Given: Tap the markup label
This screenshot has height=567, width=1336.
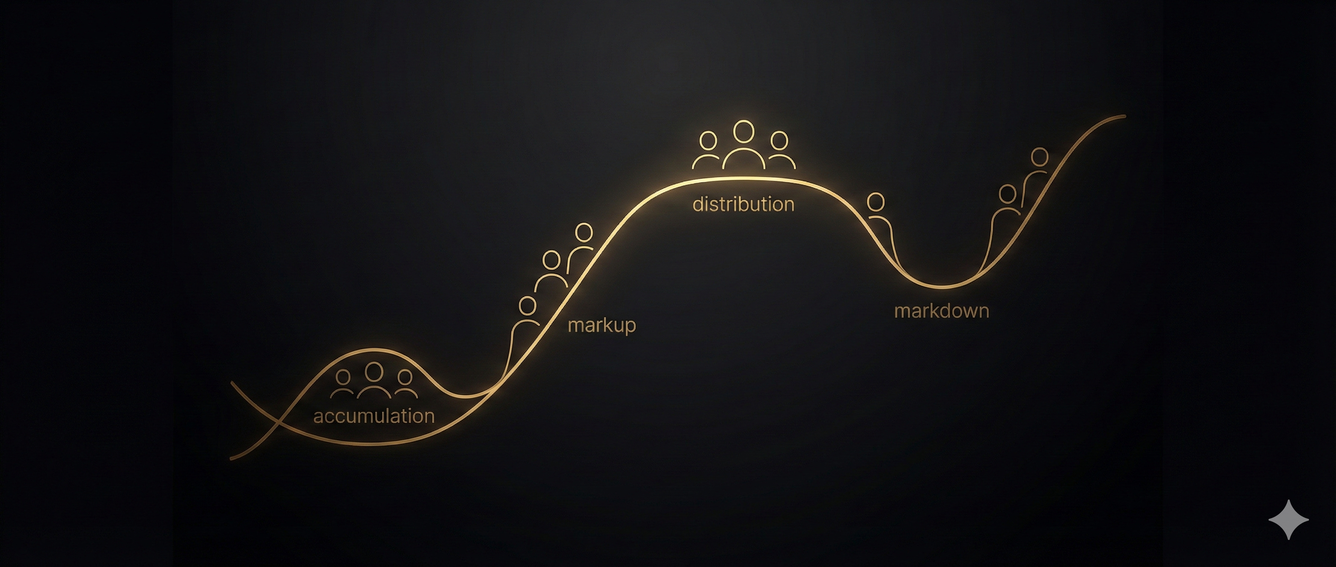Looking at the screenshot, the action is click(x=602, y=325).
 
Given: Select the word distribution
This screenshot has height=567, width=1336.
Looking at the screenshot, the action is click(x=743, y=204).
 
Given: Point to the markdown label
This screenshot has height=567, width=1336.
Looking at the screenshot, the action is click(x=941, y=311).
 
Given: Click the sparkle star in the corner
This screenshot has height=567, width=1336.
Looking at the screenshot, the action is click(x=1288, y=519).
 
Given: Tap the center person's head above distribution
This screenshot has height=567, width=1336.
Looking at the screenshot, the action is click(x=744, y=131).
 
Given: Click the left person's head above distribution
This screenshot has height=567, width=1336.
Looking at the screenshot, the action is click(x=708, y=140).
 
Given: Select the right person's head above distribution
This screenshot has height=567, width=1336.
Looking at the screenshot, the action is click(x=779, y=140).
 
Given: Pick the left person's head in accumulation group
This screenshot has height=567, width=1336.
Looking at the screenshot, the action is click(x=343, y=377).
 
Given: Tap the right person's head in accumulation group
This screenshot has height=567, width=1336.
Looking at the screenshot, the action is click(x=404, y=377).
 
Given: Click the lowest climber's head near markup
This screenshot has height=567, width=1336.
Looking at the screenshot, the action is click(x=528, y=305).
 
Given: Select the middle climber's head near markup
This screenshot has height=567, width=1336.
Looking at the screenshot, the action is click(x=551, y=260).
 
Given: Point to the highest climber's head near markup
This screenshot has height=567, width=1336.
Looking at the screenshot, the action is click(x=584, y=232).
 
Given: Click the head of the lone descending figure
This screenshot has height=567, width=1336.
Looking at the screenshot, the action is click(x=876, y=201).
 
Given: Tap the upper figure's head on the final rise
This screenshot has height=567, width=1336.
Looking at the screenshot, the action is click(x=1040, y=157).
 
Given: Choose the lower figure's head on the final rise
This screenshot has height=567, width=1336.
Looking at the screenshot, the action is click(x=1008, y=194).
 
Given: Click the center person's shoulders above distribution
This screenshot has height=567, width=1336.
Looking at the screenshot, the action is click(x=744, y=158).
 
